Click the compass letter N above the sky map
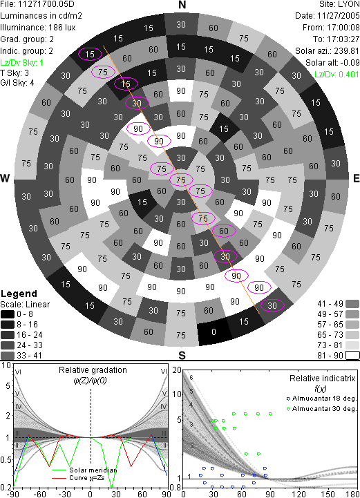[182, 5]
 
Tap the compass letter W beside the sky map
[5, 178]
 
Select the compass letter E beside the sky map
[356, 178]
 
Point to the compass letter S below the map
[182, 355]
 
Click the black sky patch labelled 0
[214, 332]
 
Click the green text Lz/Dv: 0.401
[337, 75]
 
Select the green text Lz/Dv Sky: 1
[21, 63]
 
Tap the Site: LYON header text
[339, 4]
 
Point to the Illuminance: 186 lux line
[38, 28]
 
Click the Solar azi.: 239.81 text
[328, 51]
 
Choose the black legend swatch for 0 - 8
[8, 314]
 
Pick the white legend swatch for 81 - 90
[352, 355]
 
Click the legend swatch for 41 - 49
[352, 304]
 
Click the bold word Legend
[19, 294]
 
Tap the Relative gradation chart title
[93, 370]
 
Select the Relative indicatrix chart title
[323, 379]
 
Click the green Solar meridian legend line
[60, 470]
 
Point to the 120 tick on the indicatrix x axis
[299, 494]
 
